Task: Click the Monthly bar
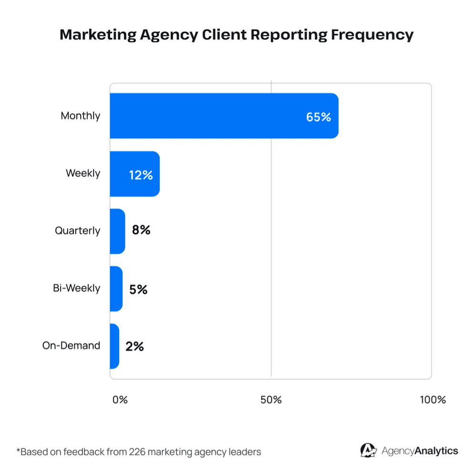point(224,116)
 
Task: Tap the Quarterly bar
point(117,231)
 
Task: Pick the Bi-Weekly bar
point(116,288)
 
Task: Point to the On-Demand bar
point(114,346)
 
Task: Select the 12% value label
point(141,175)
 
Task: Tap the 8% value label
point(141,231)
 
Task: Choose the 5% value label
point(138,289)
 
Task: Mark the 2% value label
point(134,347)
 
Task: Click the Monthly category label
point(81,116)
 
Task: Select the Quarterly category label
point(77,231)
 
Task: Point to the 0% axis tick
point(120,400)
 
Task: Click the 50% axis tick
point(271,400)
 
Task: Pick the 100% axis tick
point(432,400)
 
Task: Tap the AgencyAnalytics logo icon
point(368,451)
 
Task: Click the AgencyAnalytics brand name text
point(420,451)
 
